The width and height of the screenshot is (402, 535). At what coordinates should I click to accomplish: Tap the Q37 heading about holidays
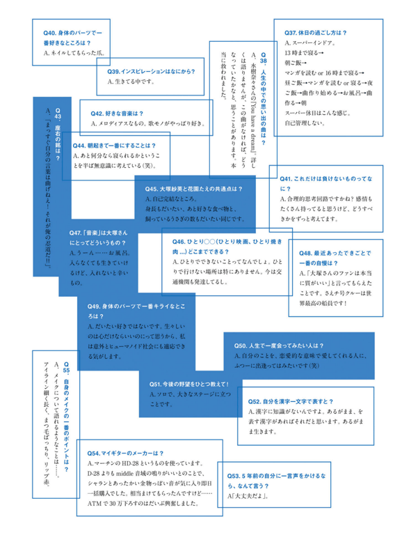(292, 33)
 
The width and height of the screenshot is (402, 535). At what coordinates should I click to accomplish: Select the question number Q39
(116, 71)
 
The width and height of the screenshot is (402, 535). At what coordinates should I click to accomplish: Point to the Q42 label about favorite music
(99, 112)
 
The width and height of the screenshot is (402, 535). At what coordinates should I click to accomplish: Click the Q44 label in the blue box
(82, 146)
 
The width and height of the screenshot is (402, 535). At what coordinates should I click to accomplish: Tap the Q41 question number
(287, 179)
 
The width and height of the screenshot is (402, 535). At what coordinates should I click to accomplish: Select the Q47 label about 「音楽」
(77, 233)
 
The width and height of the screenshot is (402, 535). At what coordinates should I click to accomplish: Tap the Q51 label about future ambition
(158, 384)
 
